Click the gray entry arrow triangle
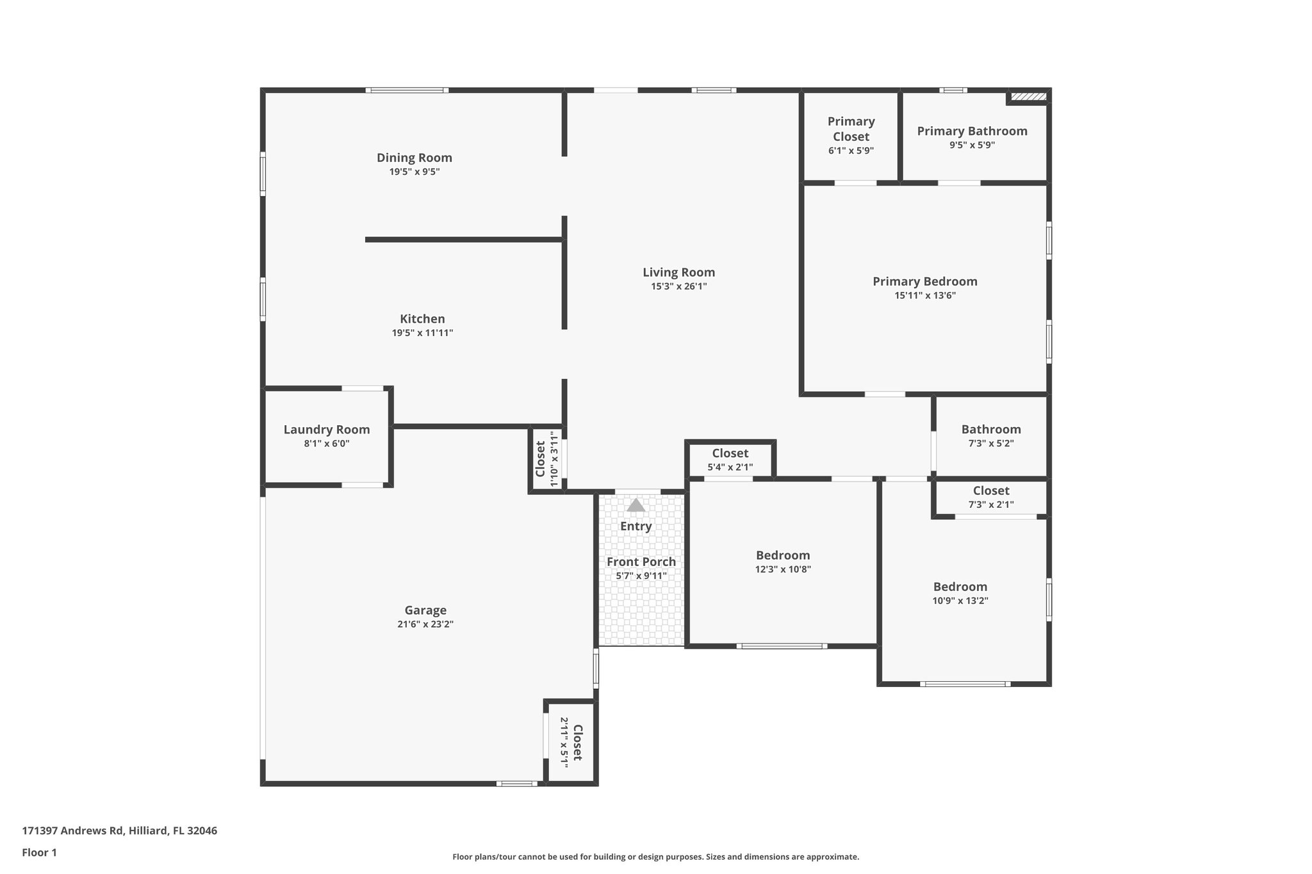point(635,505)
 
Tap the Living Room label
point(678,272)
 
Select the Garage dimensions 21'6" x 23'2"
point(425,624)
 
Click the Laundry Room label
point(327,430)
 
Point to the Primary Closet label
point(851,129)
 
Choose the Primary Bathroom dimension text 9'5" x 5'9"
point(972,145)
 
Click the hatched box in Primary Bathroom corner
point(1028,97)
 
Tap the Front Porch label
point(641,562)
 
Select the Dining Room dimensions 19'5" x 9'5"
point(414,172)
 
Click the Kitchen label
point(422,319)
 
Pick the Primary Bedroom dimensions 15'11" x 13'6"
point(925,295)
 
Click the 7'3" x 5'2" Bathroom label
point(990,430)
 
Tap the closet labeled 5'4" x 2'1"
point(730,453)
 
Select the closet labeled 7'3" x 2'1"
point(990,490)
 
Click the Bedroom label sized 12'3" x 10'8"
point(782,555)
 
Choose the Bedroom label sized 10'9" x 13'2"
point(960,587)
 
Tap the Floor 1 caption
point(39,852)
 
